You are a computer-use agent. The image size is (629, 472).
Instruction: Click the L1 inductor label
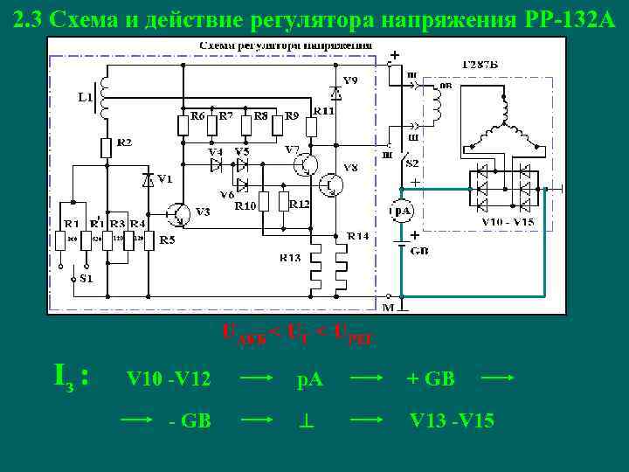pos(85,97)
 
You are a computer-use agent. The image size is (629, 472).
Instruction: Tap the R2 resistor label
pos(125,142)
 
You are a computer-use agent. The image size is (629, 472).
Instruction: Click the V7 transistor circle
pos(306,163)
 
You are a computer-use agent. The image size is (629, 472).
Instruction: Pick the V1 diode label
pos(164,179)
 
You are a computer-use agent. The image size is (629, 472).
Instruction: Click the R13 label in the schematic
pos(290,257)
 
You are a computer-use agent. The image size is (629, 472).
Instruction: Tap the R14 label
pos(357,236)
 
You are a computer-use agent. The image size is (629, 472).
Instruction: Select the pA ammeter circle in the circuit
pos(401,212)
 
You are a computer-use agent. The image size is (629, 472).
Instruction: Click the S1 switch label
pos(84,279)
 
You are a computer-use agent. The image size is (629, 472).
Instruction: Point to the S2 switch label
pos(411,163)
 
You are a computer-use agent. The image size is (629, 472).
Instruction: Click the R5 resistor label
pos(165,239)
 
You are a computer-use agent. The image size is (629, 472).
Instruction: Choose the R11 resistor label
pos(324,111)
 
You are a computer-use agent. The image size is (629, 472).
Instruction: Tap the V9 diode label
pos(349,80)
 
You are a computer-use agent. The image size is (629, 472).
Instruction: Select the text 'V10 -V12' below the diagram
pos(169,379)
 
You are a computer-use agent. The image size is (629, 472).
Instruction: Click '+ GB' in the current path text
pos(431,379)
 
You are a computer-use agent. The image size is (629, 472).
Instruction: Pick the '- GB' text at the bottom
pos(189,420)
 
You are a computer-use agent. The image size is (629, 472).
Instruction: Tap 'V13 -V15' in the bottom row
pos(452,420)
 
